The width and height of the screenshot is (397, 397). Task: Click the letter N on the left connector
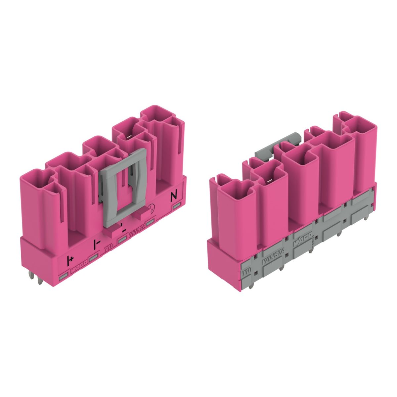click(173, 196)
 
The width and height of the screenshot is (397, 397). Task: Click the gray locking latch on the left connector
click(123, 187)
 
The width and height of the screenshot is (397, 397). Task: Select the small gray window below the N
click(175, 207)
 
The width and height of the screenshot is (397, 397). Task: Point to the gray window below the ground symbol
click(152, 222)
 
